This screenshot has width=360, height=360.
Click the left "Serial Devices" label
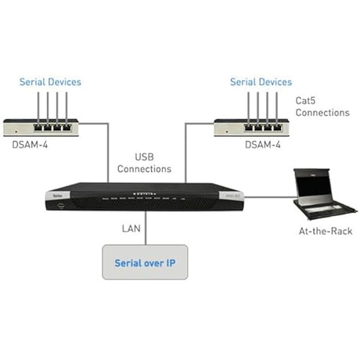50,81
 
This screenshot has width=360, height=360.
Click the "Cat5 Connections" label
322,106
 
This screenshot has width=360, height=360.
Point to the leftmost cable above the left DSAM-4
32,104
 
